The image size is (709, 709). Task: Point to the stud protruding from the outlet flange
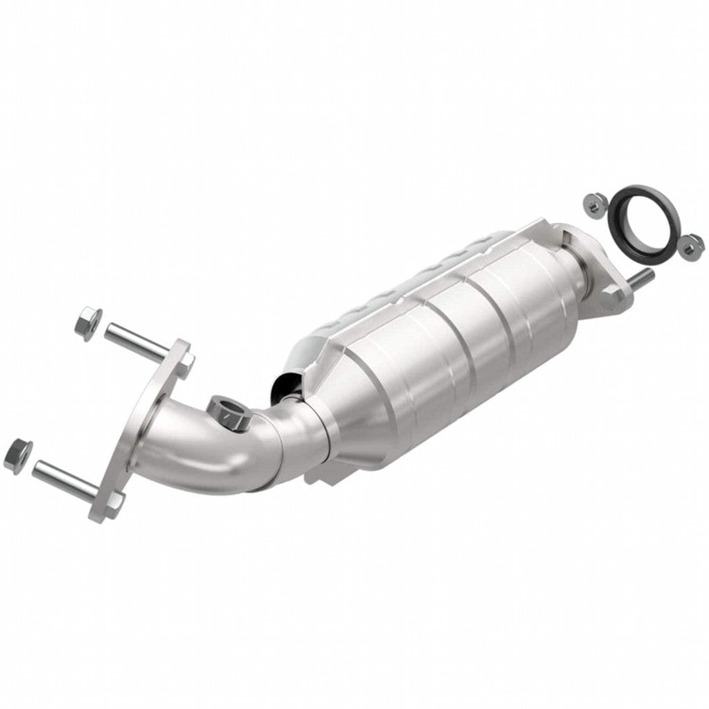click(x=640, y=278)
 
